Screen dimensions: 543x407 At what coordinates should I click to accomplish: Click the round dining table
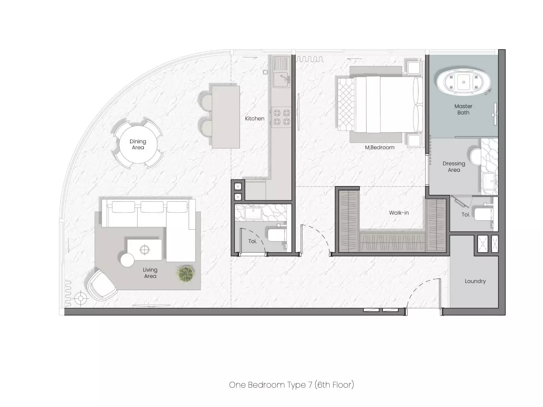tap(138, 144)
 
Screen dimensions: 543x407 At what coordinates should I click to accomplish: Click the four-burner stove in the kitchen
tap(282, 117)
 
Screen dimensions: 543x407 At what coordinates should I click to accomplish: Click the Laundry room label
tap(475, 281)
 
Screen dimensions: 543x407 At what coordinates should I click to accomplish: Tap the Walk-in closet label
tap(399, 212)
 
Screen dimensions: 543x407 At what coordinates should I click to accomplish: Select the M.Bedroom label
tap(379, 148)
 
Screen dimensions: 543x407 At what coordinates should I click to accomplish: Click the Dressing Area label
tap(454, 167)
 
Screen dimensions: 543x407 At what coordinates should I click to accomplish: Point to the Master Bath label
tap(463, 109)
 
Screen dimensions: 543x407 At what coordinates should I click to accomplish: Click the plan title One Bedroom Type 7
tap(270, 385)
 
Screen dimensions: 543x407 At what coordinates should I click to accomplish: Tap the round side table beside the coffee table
tap(128, 260)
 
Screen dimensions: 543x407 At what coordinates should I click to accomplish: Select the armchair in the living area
tap(102, 285)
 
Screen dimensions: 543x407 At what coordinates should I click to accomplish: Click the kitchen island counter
tap(226, 117)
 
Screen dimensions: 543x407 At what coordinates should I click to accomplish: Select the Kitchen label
tap(255, 119)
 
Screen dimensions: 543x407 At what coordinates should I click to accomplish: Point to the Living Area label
tap(150, 273)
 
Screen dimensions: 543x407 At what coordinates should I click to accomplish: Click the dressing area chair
tap(475, 157)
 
